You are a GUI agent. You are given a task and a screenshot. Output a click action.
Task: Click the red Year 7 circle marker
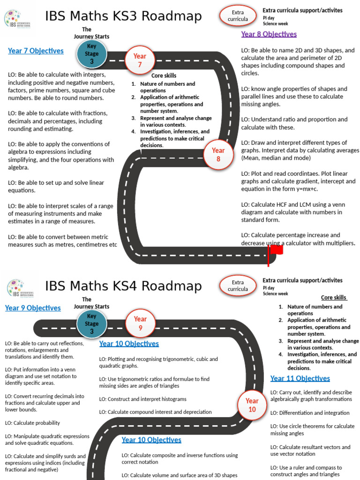pyautogui.click(x=139, y=60)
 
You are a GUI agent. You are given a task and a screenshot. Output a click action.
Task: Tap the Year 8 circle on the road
pyautogui.click(x=218, y=155)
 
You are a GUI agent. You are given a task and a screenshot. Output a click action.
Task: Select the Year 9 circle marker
pyautogui.click(x=140, y=323)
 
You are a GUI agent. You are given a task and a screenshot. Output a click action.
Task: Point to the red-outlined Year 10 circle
pyautogui.click(x=252, y=405)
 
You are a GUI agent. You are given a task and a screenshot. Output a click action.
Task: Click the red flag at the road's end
pyautogui.click(x=276, y=250)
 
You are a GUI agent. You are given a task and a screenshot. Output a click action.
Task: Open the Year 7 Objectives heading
pyautogui.click(x=36, y=51)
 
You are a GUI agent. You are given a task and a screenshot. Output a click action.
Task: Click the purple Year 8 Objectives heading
pyautogui.click(x=269, y=34)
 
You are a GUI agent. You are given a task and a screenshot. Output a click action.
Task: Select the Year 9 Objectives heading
pyautogui.click(x=33, y=308)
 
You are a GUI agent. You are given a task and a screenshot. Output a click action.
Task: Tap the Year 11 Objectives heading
pyautogui.click(x=300, y=378)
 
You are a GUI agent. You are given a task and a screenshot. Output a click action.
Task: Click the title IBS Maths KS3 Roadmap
pyautogui.click(x=123, y=17)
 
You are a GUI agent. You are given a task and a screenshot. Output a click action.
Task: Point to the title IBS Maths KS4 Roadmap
pyautogui.click(x=123, y=286)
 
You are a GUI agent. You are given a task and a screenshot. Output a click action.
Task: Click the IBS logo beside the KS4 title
pyautogui.click(x=16, y=288)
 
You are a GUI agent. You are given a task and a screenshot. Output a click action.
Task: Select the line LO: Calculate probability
pyautogui.click(x=32, y=423)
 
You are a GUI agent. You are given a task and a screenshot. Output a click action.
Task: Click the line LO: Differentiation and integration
pyautogui.click(x=309, y=413)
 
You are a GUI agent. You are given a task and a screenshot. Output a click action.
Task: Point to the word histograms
pyautogui.click(x=172, y=399)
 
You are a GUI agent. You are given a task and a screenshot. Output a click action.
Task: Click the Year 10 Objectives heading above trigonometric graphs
pyautogui.click(x=129, y=344)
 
